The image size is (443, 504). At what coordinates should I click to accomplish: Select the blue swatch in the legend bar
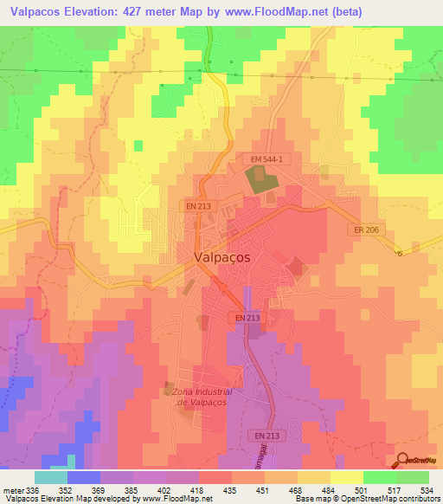(83, 477)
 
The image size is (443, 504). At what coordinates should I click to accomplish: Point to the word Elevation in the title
(96, 12)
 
